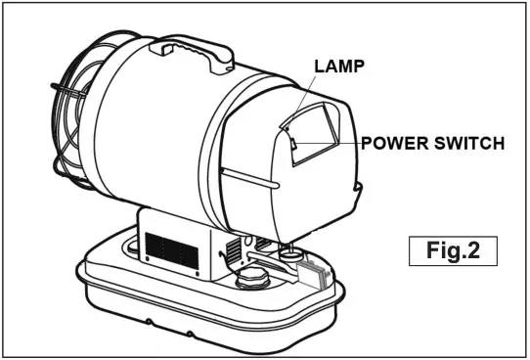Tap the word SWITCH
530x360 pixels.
coord(466,143)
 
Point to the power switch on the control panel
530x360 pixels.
coord(296,144)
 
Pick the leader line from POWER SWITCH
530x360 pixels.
coord(328,144)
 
